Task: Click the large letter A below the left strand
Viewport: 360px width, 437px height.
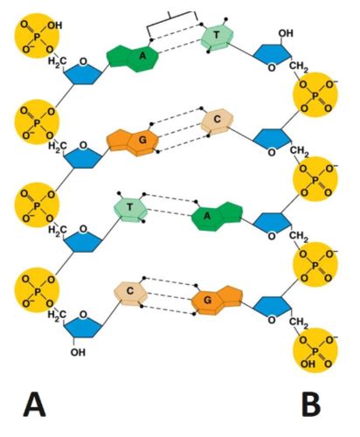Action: tap(34, 405)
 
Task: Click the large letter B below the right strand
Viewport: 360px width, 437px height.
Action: tap(311, 405)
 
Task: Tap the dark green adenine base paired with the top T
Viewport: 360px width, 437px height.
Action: tap(133, 58)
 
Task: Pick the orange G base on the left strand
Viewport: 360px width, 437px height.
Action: tap(133, 141)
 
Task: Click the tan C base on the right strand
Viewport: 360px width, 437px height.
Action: tap(217, 121)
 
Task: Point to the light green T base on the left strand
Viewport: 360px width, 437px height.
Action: tap(131, 209)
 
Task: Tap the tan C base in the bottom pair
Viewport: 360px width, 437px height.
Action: tap(131, 293)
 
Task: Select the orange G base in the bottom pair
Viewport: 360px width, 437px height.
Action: tap(217, 300)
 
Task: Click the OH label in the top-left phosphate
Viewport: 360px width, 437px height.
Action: tap(55, 25)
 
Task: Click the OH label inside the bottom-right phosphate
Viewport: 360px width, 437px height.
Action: tap(308, 364)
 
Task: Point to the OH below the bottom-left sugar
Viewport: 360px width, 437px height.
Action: tap(78, 352)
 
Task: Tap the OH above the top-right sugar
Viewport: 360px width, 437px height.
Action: tap(286, 33)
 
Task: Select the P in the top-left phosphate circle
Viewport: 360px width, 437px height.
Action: tap(37, 38)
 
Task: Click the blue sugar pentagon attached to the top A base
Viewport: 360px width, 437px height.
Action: tap(83, 73)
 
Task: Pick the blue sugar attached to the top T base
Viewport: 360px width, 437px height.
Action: tap(272, 56)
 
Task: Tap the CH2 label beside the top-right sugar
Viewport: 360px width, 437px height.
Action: tap(299, 67)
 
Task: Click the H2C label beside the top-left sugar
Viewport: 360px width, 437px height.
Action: tap(57, 62)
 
